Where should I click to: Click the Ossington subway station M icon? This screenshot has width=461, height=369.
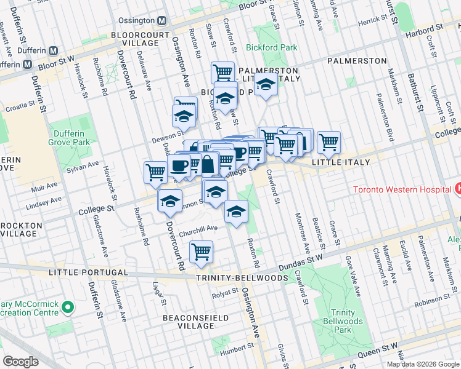[162, 20]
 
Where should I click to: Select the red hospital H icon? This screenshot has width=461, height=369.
[457, 189]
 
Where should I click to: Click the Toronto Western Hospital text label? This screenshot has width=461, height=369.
[401, 189]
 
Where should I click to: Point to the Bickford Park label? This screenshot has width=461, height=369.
[271, 47]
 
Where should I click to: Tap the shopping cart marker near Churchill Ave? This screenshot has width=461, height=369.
[201, 252]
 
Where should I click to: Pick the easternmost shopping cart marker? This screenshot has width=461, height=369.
[328, 142]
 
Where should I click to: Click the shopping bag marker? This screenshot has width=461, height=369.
[208, 164]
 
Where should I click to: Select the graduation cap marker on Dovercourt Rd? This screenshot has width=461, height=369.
[169, 200]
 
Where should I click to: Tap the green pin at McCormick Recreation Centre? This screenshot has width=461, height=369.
[68, 306]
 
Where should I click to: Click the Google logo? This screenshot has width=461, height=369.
[20, 362]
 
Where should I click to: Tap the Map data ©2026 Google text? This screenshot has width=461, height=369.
[422, 364]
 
